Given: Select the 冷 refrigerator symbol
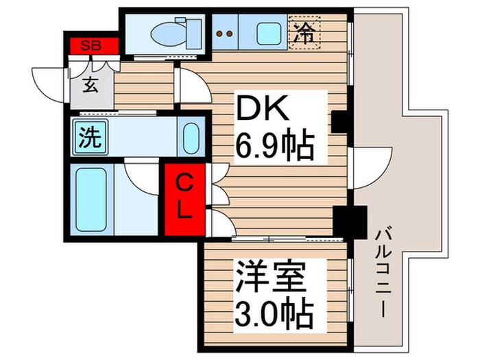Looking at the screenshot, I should pos(304,30).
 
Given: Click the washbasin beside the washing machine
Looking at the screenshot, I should pos(190,137).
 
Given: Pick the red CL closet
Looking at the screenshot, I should pos(183,197).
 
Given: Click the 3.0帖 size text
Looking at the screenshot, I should pos(274,315).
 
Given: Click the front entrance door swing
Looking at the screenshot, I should pos(49,82).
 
